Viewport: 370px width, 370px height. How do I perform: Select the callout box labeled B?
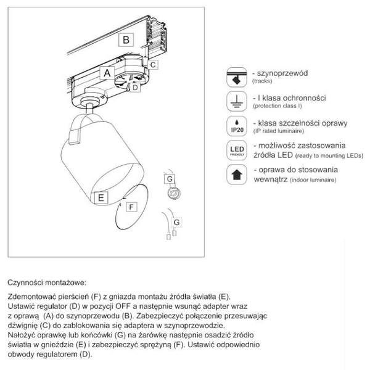click(126, 40)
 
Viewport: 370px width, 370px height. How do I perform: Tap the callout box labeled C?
click(154, 64)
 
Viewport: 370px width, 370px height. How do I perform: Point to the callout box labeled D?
click(136, 87)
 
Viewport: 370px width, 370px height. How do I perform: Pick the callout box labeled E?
click(99, 198)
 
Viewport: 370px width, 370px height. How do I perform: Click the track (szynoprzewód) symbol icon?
click(236, 76)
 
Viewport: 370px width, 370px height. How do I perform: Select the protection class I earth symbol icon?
click(236, 101)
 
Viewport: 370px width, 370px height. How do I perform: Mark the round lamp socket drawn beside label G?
click(175, 193)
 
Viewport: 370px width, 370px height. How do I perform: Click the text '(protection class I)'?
click(277, 107)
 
